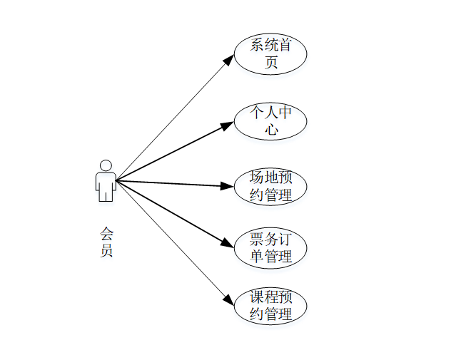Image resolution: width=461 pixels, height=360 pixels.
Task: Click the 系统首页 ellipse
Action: [x=270, y=54]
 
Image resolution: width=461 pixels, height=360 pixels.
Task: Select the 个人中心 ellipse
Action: [x=270, y=121]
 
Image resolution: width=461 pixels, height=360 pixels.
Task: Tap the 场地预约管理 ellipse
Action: [x=270, y=186]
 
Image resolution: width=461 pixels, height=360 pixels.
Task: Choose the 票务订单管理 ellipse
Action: [x=270, y=248]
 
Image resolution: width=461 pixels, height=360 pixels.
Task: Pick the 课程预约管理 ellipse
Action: [x=270, y=307]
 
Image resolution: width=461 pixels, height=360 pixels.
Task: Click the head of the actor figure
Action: [x=106, y=165]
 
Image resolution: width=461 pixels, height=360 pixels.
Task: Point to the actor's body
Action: [x=106, y=185]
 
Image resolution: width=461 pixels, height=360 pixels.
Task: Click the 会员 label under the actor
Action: [x=106, y=242]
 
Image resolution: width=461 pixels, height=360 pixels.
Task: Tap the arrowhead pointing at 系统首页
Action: [x=228, y=60]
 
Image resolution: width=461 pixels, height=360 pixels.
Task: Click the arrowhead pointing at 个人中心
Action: [x=228, y=125]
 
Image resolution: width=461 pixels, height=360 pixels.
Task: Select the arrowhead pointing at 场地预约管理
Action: [x=228, y=186]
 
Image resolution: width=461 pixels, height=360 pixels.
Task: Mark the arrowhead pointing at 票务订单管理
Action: [x=228, y=244]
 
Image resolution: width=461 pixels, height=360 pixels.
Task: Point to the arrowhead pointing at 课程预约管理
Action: [x=228, y=301]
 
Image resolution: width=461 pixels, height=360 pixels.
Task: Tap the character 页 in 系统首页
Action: [x=271, y=63]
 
